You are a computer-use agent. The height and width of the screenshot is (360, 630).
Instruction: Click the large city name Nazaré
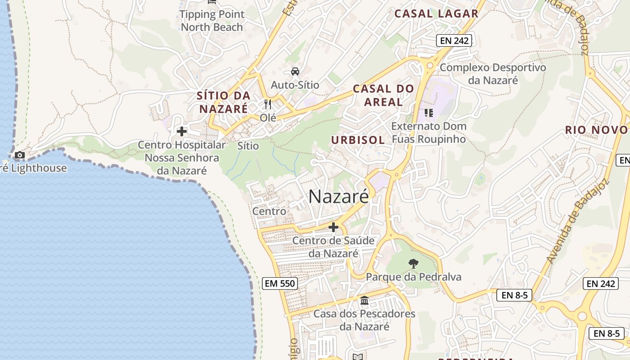pos(339,197)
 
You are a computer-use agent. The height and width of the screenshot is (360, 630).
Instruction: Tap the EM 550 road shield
pos(279,283)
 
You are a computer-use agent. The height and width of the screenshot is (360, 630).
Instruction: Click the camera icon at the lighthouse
pos(19,155)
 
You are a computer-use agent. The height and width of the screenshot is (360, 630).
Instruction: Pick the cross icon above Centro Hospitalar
pos(182,131)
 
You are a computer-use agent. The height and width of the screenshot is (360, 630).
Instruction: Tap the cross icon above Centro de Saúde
pos(333,227)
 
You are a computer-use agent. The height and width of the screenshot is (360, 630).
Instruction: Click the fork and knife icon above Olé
pos(268,104)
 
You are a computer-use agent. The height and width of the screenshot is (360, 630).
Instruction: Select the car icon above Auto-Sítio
pos(295,71)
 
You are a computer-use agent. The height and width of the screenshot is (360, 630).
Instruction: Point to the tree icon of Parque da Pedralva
pos(413,264)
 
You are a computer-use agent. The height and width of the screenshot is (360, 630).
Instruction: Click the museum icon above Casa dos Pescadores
pos(364,300)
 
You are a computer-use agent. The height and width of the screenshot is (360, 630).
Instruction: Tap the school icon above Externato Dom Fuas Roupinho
pos(428,112)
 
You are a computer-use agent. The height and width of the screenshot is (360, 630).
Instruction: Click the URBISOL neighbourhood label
pos(358,140)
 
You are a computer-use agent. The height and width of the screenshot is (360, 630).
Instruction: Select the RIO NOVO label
pos(596,130)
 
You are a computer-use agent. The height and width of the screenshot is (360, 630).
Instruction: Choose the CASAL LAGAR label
pos(436,14)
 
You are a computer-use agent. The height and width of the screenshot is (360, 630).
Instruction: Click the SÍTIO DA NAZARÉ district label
pos(224,102)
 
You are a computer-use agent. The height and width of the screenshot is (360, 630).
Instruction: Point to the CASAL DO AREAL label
pos(383,95)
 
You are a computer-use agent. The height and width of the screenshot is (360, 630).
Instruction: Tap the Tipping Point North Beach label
pos(212,21)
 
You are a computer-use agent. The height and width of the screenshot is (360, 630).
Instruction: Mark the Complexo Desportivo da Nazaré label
pos(493,74)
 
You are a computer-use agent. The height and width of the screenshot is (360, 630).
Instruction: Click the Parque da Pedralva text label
pos(414,277)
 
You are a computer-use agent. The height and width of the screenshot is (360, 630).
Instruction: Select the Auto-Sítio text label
pos(295,85)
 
